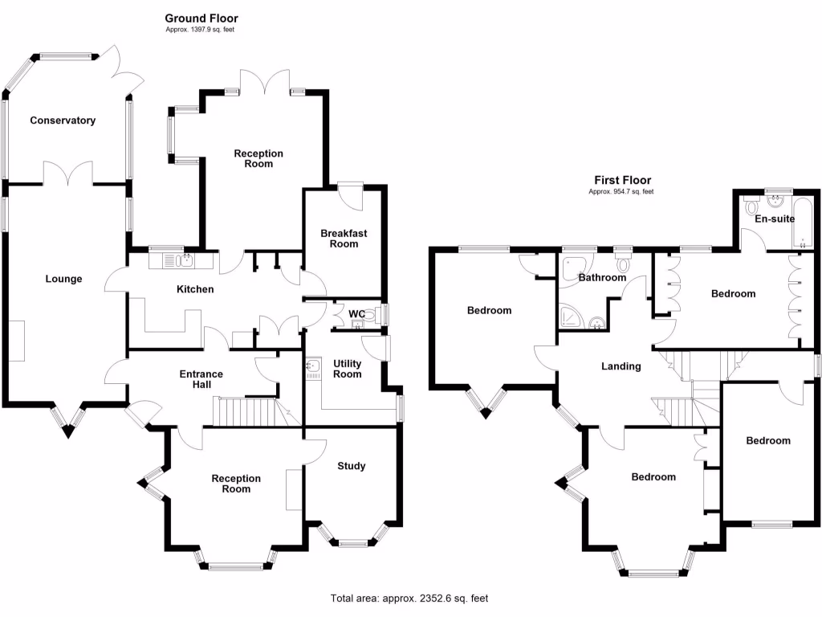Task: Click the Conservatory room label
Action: tap(63, 121)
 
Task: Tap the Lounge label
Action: tap(63, 280)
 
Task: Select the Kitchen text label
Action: tap(195, 289)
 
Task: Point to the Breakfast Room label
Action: tap(344, 239)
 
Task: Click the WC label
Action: tap(357, 314)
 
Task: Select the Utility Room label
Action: tap(347, 369)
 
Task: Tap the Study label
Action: tap(351, 466)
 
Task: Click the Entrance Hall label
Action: tap(201, 379)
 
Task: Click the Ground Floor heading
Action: tap(201, 18)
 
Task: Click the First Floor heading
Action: tap(622, 181)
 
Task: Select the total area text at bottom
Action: tap(409, 599)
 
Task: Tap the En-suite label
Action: tap(775, 219)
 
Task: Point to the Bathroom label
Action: tap(602, 278)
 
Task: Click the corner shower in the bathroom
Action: tap(572, 317)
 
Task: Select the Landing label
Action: tap(621, 366)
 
